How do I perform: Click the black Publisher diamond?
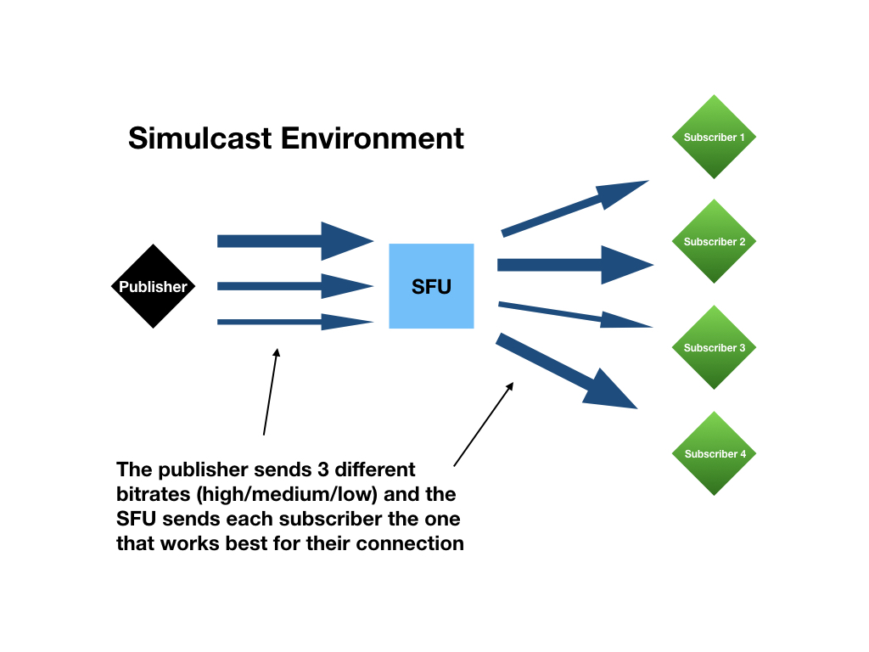point(154,286)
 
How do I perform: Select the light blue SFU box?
point(431,286)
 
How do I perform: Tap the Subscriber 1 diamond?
point(714,137)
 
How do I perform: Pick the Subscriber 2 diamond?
point(714,241)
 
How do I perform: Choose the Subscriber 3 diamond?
point(714,347)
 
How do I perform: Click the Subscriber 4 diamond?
point(714,453)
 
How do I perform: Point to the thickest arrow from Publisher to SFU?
point(295,241)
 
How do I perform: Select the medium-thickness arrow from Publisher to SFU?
point(295,286)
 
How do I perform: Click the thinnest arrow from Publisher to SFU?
point(295,322)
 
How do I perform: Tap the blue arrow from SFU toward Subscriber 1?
point(575,209)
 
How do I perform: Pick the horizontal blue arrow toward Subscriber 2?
point(576,265)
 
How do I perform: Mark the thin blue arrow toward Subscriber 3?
point(576,315)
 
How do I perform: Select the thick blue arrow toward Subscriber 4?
point(566,372)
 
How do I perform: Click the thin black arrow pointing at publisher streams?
point(271,392)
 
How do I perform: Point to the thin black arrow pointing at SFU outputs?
point(484,424)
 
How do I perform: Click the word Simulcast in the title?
point(200,138)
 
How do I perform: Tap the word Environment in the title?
point(373,138)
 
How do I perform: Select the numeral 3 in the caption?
point(323,469)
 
